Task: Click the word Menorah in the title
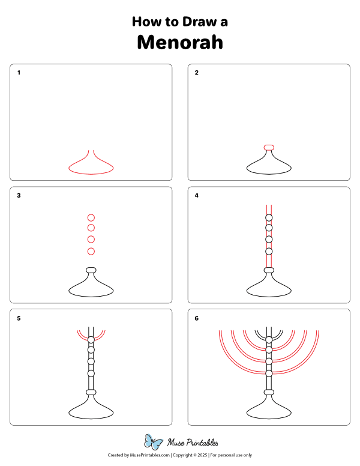[180, 43]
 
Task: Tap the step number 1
[19, 73]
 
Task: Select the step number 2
[197, 73]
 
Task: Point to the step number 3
[19, 195]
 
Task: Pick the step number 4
[197, 195]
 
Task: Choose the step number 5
[19, 318]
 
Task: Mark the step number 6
[197, 318]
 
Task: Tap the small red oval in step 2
[269, 147]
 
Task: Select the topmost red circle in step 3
[91, 217]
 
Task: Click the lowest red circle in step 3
[91, 251]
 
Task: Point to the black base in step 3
[91, 288]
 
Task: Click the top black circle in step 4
[269, 218]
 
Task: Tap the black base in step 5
[91, 411]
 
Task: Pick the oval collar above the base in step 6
[269, 393]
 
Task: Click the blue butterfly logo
[154, 443]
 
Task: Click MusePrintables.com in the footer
[150, 456]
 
